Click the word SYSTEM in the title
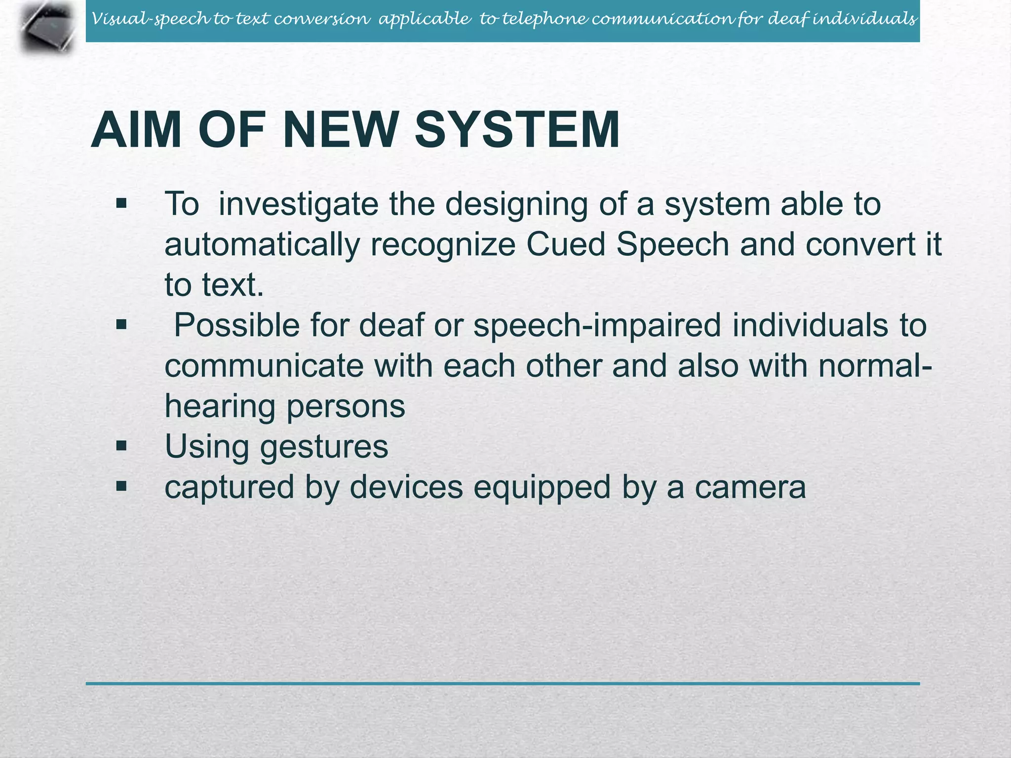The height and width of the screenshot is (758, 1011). pyautogui.click(x=517, y=130)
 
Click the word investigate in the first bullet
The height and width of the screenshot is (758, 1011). pyautogui.click(x=298, y=204)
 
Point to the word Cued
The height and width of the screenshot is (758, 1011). pyautogui.click(x=565, y=244)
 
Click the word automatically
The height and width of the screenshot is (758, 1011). pyautogui.click(x=262, y=245)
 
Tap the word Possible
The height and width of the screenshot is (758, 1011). pyautogui.click(x=236, y=326)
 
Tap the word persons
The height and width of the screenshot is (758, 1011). pyautogui.click(x=346, y=407)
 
